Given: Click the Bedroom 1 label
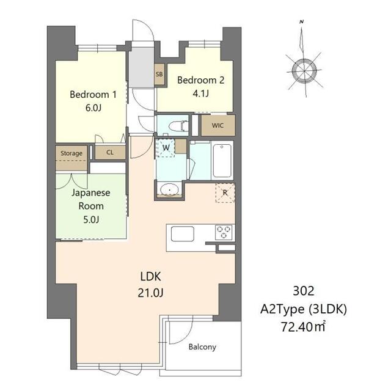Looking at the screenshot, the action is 93,95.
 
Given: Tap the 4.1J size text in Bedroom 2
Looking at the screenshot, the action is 201,93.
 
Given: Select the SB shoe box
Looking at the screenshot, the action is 159,74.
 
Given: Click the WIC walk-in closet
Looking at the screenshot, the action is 218,125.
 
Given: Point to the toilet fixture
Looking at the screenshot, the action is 178,126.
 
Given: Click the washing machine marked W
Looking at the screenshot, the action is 166,148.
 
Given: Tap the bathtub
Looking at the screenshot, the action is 222,161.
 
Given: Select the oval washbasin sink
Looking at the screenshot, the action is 170,190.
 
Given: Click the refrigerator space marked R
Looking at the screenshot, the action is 225,193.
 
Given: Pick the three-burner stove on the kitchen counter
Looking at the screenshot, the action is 224,232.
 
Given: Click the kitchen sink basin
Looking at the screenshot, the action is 183,233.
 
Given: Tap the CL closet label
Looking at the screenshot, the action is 110,152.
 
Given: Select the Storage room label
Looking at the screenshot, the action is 71,153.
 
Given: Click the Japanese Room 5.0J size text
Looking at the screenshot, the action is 91,220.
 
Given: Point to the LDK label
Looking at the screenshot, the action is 151,277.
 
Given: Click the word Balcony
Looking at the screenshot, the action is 202,347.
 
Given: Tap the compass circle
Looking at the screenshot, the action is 304,71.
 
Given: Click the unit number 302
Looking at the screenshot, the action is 304,291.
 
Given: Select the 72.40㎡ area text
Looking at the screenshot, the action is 304,327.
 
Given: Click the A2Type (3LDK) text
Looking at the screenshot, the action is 304,309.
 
